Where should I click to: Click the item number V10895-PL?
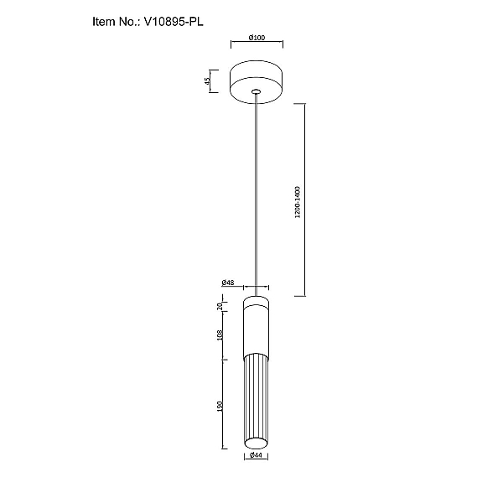174,22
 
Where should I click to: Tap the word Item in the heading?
104,22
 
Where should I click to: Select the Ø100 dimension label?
257,38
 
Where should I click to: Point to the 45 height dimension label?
207,81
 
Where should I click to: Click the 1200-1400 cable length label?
298,202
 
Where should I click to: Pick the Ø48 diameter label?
228,283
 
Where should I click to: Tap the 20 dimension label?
220,306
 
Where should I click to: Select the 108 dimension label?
220,335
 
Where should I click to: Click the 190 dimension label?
220,407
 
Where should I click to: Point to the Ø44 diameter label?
256,455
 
